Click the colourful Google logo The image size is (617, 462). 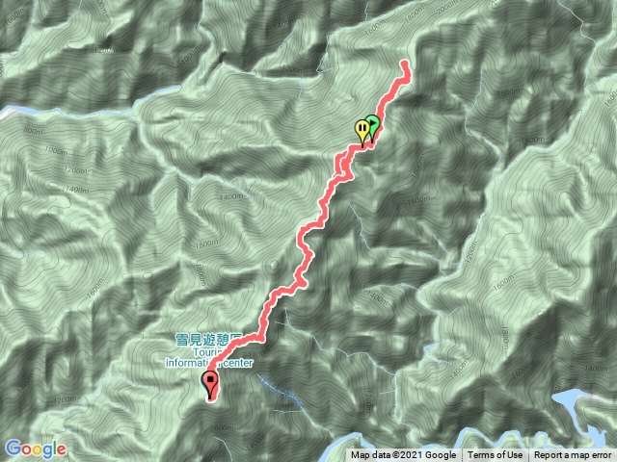(35, 449)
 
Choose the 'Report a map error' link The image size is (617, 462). (573, 455)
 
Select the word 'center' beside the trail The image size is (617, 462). (236, 364)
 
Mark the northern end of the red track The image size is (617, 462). (405, 64)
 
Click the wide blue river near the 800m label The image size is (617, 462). (19, 110)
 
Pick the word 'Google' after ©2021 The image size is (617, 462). (439, 455)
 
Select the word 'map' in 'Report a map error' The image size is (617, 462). (577, 455)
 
